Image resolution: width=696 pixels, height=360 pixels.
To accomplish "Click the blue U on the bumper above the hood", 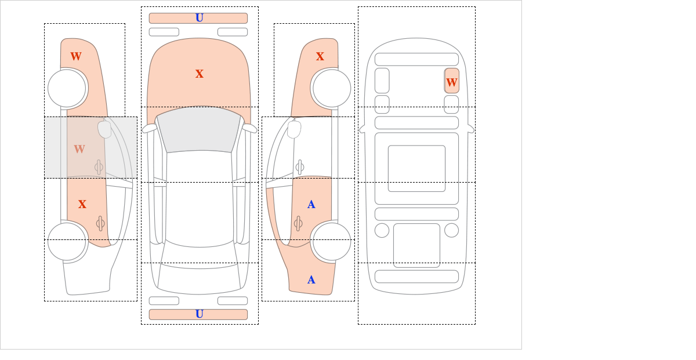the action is click(200, 18).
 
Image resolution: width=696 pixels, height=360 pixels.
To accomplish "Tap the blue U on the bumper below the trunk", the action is click(200, 314).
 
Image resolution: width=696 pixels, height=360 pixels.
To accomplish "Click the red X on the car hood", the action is click(200, 74).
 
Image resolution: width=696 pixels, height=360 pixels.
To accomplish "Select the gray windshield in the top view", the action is click(199, 129).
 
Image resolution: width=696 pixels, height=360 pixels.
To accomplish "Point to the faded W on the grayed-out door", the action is click(79, 149).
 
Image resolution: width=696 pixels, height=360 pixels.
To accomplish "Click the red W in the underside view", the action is click(452, 83).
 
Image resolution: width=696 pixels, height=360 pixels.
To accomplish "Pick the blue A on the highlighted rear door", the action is click(311, 205).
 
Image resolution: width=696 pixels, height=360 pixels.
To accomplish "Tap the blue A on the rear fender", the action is click(311, 280).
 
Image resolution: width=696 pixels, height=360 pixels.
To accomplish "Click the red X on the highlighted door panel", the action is click(82, 205).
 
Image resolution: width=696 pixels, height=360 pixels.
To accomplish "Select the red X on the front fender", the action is click(320, 57).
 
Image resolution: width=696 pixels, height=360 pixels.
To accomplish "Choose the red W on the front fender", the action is click(76, 57).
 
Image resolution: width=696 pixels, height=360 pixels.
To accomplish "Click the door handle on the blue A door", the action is click(298, 223).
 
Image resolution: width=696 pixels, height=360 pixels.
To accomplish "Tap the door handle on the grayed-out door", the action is click(99, 167).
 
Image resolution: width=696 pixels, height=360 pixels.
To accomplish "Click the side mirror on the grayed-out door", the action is click(104, 129).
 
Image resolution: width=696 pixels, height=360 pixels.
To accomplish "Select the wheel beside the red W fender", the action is click(67, 89).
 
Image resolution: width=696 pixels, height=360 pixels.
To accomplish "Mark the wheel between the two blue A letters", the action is click(332, 241).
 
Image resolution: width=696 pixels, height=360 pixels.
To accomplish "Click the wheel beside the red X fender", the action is click(332, 89).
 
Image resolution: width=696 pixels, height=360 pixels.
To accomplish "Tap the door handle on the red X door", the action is click(100, 223).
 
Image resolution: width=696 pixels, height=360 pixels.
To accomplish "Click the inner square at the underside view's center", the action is click(416, 168).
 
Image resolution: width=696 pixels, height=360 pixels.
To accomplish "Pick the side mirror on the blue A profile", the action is click(294, 129).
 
